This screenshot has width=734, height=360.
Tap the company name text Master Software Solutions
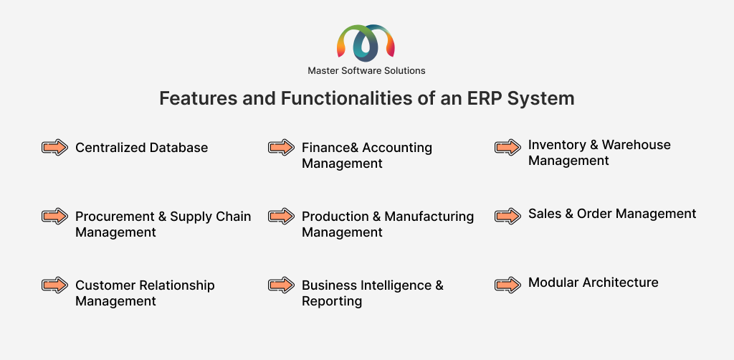coord(366,70)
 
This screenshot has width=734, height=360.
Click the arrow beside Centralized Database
coord(54,148)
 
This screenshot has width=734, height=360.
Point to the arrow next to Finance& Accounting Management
coord(281,147)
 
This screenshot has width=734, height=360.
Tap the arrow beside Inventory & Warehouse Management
coord(507,147)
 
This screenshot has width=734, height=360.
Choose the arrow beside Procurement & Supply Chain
coord(54,216)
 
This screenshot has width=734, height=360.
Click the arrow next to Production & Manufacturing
coord(281,216)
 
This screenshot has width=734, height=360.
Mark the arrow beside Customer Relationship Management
coord(54,285)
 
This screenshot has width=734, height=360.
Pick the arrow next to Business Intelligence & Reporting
coord(281,285)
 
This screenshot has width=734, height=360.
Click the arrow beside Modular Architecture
coord(507,284)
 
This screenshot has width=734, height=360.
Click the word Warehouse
coord(636,145)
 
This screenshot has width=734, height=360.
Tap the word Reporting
coord(332,301)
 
